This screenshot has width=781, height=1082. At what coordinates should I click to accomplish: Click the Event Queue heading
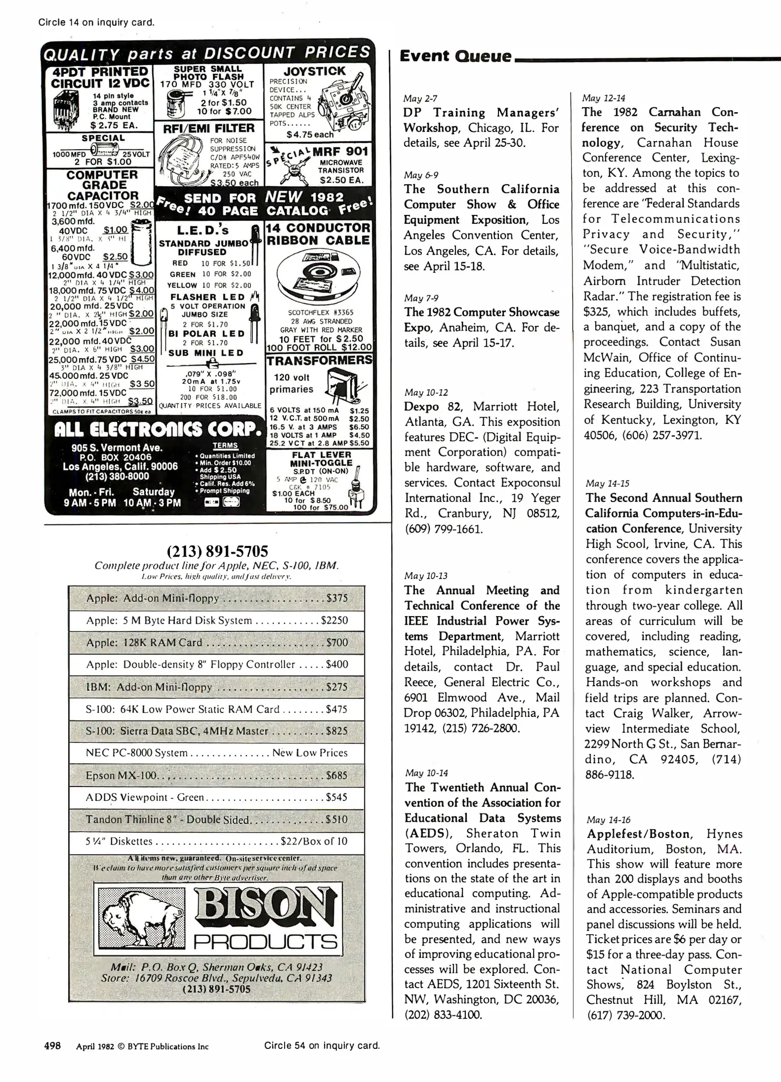[455, 56]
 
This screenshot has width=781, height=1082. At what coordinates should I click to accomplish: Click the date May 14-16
[608, 820]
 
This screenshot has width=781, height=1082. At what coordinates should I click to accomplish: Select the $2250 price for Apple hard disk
[334, 620]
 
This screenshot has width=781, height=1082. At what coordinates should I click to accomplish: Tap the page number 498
[53, 1046]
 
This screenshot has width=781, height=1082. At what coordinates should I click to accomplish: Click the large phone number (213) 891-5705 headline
[217, 551]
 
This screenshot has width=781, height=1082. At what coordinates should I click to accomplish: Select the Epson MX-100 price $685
[336, 775]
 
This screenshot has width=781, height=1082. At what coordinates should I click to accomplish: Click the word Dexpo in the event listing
[421, 406]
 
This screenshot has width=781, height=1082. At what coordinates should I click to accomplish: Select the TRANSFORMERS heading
[319, 361]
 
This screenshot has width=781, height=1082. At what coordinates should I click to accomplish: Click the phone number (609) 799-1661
[443, 529]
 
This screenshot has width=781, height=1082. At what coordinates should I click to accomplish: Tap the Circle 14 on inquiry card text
[96, 22]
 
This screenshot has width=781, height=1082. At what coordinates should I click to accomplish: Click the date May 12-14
[603, 98]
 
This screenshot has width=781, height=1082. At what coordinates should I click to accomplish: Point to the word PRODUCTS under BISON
[266, 942]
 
